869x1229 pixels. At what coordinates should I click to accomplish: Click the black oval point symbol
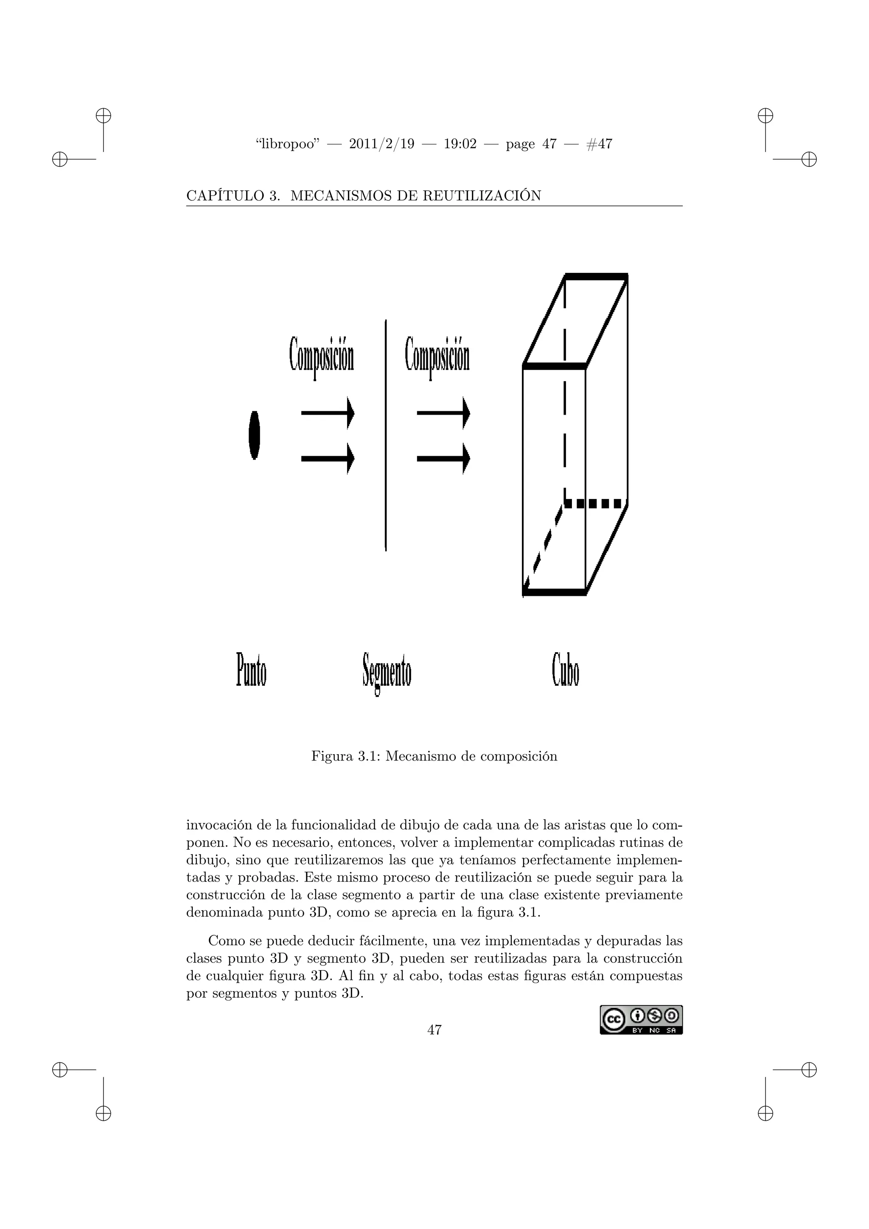tap(255, 435)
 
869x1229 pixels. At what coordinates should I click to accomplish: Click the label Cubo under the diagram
tap(566, 669)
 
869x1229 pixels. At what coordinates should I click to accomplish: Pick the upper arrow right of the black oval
tap(328, 412)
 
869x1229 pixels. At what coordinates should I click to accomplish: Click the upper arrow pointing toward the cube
tap(443, 412)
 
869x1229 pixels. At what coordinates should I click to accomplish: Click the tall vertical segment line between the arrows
tap(386, 435)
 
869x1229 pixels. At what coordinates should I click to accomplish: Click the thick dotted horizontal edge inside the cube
tap(594, 504)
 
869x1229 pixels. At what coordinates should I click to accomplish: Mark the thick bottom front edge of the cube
tap(554, 592)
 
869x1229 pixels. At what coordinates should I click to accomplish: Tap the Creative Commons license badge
tap(641, 1020)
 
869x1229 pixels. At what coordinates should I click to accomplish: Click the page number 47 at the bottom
tap(434, 1030)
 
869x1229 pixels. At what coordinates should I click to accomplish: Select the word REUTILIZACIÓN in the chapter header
tap(482, 196)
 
